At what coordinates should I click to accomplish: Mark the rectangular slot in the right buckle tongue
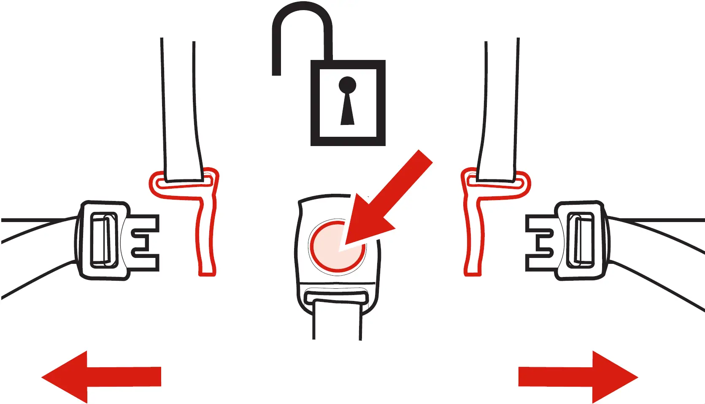tap(581, 241)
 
